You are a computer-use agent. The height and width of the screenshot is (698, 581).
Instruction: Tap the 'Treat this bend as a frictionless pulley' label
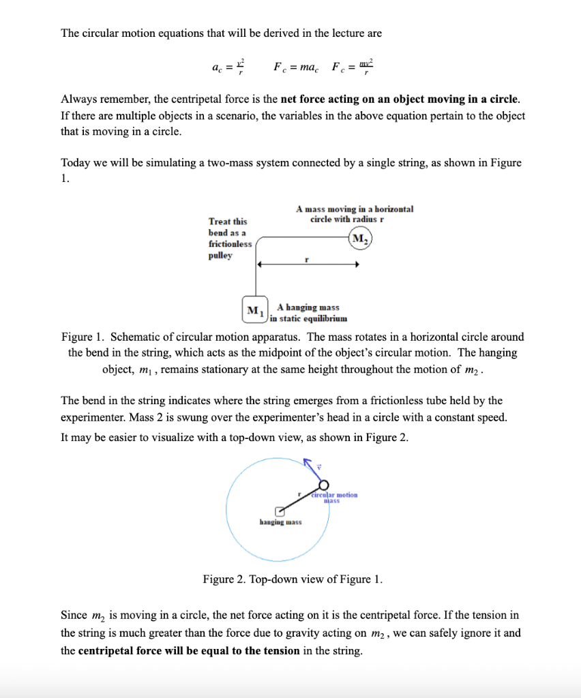230,239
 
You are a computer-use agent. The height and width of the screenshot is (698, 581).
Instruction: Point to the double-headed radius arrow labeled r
308,267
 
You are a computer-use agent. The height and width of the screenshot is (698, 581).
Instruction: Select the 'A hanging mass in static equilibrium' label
308,313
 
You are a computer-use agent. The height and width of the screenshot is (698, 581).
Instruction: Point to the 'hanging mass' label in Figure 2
281,523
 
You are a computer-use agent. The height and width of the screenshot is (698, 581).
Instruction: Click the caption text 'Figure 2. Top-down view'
293,580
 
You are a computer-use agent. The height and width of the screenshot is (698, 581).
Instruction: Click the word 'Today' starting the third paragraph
74,162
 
